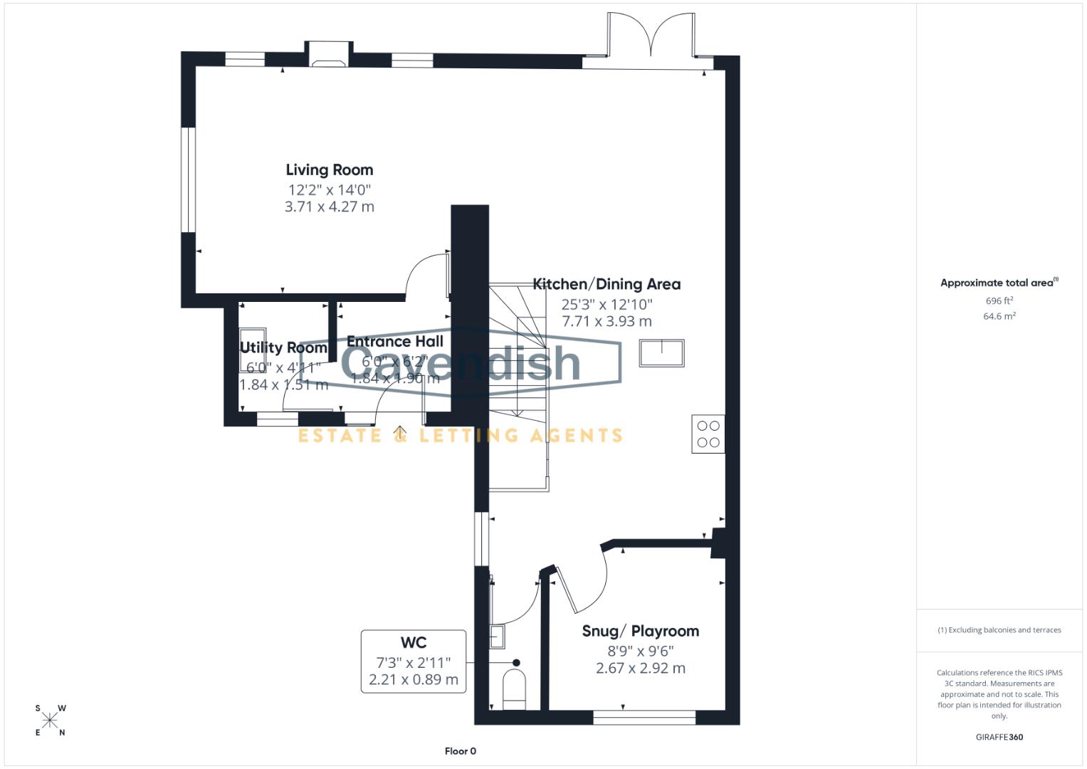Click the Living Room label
329,169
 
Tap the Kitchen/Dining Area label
606,284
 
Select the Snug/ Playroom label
640,631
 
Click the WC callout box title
413,642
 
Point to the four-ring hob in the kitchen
708,434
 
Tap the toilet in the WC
514,689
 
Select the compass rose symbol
50,721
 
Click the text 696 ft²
999,301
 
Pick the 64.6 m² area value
999,316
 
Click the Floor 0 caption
460,751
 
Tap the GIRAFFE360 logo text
999,737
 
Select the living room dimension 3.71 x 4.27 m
329,206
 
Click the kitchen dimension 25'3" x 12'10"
606,304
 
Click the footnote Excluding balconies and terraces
999,630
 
